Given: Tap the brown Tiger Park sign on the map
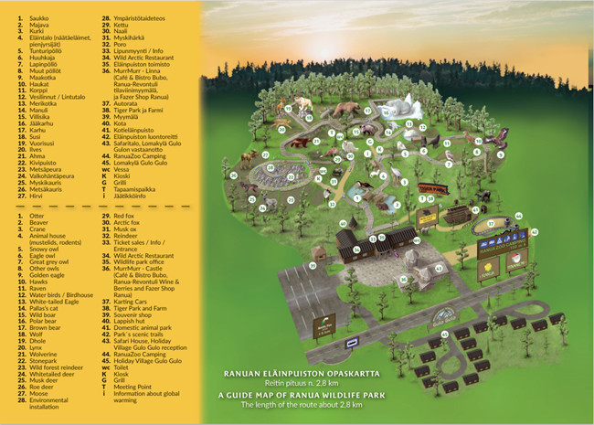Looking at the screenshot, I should tap(428, 189).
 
